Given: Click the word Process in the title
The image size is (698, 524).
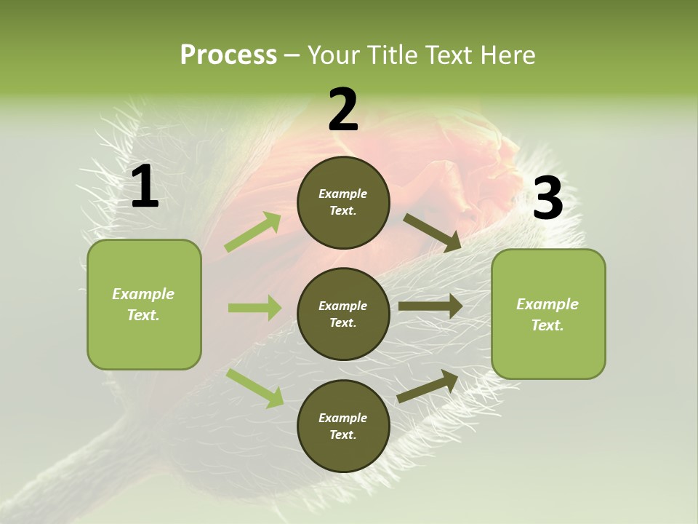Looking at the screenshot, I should pyautogui.click(x=228, y=55).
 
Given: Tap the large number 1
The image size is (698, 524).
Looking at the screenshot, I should pyautogui.click(x=145, y=187).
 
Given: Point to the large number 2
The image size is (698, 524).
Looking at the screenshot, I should pyautogui.click(x=343, y=110).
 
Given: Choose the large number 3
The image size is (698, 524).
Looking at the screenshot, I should pyautogui.click(x=547, y=199).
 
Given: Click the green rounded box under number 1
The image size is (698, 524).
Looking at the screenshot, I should pyautogui.click(x=144, y=304).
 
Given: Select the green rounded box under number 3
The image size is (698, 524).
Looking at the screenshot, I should pyautogui.click(x=548, y=314).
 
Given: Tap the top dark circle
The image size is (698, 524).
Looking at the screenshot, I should pyautogui.click(x=343, y=202).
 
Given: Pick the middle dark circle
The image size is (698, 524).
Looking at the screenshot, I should pyautogui.click(x=343, y=314).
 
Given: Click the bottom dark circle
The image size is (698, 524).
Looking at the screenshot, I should pyautogui.click(x=343, y=426).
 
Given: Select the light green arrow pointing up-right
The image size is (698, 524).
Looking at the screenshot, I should pyautogui.click(x=253, y=232).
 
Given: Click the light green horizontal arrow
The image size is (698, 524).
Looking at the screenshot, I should pyautogui.click(x=254, y=308).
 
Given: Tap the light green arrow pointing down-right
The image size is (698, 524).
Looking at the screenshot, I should pyautogui.click(x=255, y=388).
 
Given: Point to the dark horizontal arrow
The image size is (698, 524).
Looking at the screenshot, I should pyautogui.click(x=430, y=306).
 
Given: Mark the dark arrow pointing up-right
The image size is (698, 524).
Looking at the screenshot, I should pyautogui.click(x=428, y=386).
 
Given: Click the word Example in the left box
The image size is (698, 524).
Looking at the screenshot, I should pyautogui.click(x=143, y=294).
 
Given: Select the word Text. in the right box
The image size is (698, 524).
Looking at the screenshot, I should pyautogui.click(x=547, y=325).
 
